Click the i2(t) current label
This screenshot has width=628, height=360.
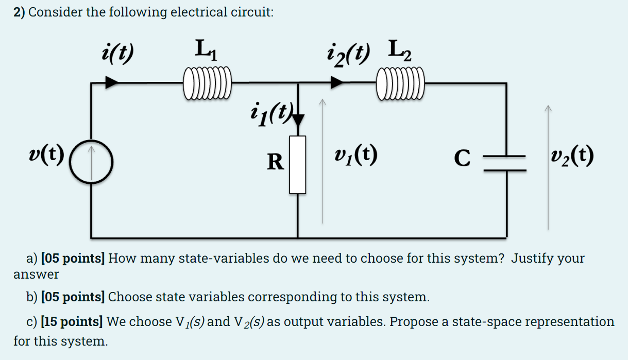[x=347, y=52]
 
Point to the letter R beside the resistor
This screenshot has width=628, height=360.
[x=275, y=162]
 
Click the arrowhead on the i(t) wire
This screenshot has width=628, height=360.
[x=112, y=82]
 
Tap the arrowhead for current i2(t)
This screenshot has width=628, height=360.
[x=337, y=82]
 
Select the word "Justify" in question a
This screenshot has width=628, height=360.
[x=529, y=258]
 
